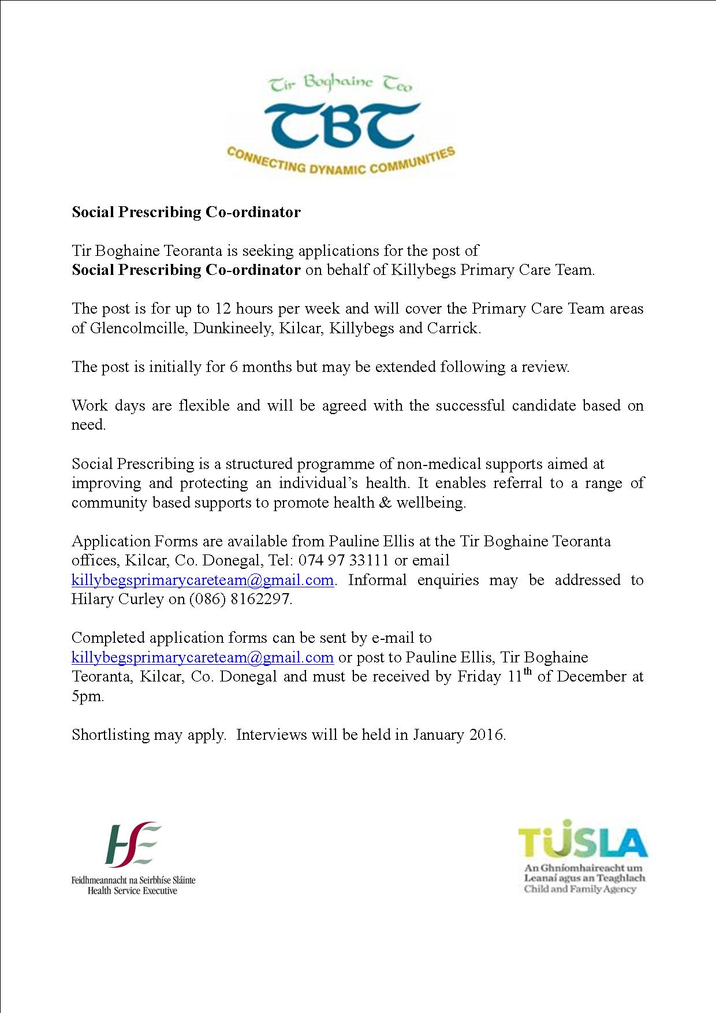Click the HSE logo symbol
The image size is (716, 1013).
click(133, 844)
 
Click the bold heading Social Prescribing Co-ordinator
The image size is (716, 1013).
click(186, 212)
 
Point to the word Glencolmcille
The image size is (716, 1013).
click(138, 329)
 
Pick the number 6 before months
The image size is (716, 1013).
click(233, 367)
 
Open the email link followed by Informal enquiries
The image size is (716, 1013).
click(203, 580)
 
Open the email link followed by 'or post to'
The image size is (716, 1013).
click(203, 657)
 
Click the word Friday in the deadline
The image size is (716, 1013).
click(479, 676)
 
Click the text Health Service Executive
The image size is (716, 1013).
click(132, 891)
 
